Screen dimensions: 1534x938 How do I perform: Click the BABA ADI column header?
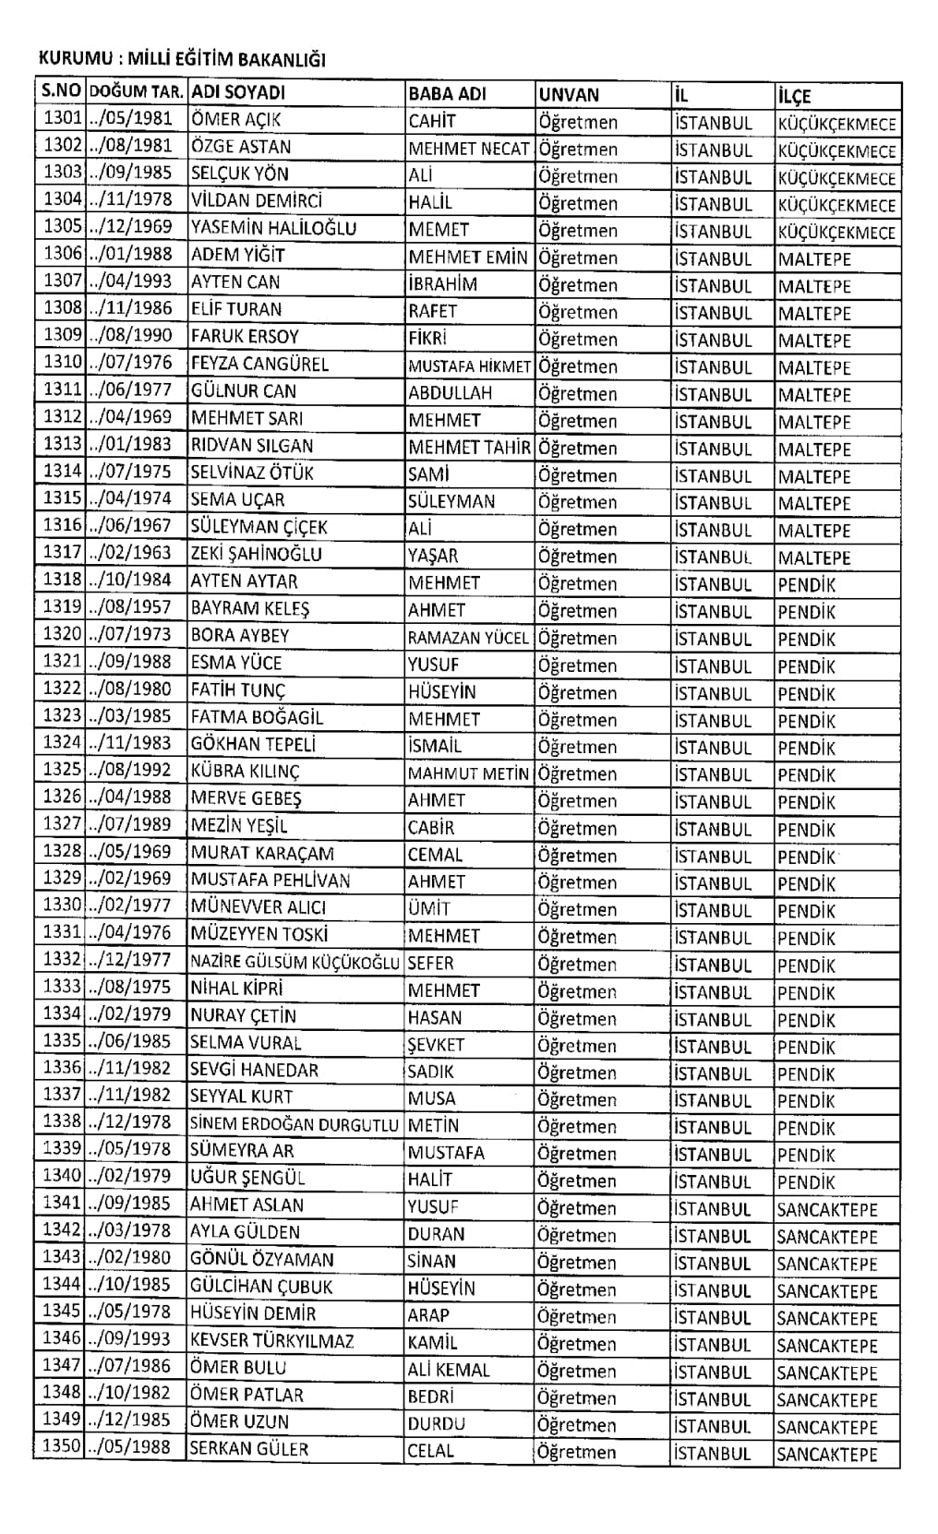(x=447, y=94)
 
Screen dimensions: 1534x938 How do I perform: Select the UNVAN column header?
(x=569, y=94)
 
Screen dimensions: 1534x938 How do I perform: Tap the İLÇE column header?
(x=794, y=95)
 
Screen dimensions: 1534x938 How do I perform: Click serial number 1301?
(x=63, y=119)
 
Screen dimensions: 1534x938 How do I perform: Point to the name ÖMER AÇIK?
(x=235, y=120)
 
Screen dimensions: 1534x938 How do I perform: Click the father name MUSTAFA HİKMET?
(x=469, y=366)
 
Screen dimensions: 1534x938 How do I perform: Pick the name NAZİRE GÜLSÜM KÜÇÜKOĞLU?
(x=295, y=962)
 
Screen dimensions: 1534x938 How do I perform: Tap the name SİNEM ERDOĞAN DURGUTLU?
(x=295, y=1124)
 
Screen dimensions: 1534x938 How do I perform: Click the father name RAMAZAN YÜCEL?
(x=468, y=638)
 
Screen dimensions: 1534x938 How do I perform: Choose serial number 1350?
(x=63, y=1445)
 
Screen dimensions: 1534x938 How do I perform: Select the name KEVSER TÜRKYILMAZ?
(x=271, y=1341)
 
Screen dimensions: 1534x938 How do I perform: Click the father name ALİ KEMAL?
(x=449, y=1370)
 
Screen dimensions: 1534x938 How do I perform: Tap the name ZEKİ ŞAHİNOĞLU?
(x=256, y=554)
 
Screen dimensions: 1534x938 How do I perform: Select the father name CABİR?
(x=431, y=827)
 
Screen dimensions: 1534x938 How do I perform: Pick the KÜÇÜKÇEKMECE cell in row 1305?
(x=836, y=233)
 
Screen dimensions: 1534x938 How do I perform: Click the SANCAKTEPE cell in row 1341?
(x=827, y=1209)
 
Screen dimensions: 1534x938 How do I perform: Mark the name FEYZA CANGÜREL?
(x=259, y=364)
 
